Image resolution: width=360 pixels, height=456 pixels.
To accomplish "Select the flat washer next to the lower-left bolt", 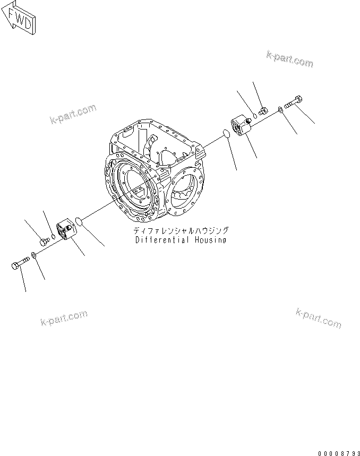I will click(x=33, y=255).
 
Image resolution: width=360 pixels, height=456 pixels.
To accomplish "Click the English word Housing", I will click(x=210, y=240).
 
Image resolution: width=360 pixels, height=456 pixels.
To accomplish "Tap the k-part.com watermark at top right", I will click(x=290, y=59).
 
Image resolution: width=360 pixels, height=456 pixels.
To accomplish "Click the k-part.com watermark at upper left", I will click(x=73, y=114).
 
